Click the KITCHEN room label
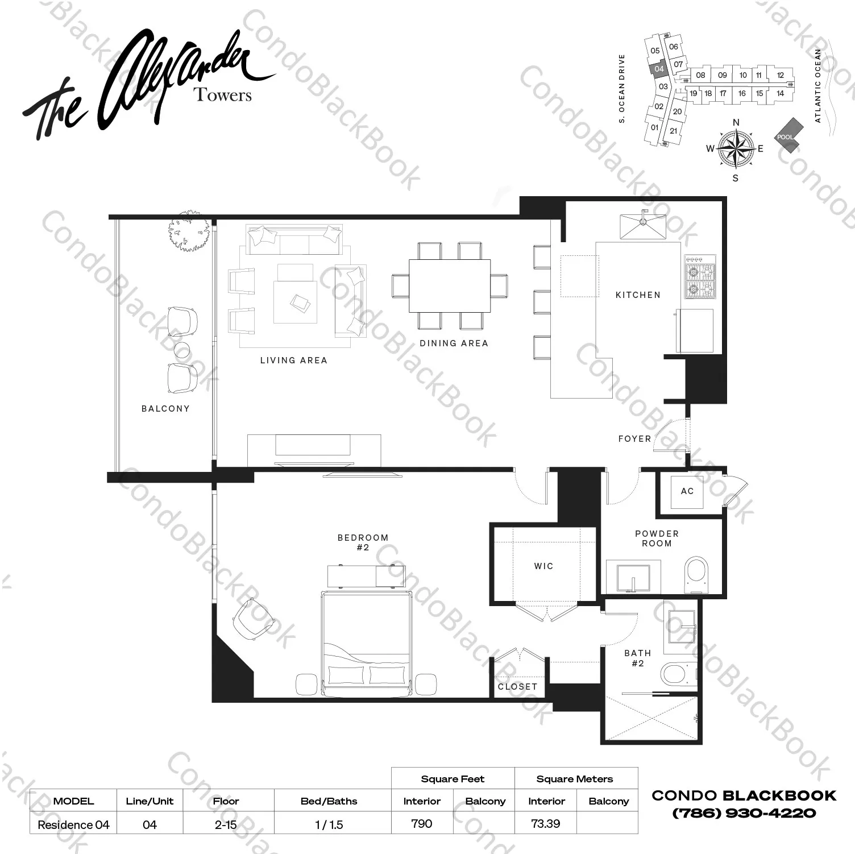tap(638, 295)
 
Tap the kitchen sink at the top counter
tap(642, 226)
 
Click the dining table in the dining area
tap(450, 285)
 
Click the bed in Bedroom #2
tap(367, 642)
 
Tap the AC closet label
tap(687, 491)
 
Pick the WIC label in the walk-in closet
tap(543, 566)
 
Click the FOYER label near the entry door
tap(634, 439)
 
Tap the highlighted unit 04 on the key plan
tap(659, 69)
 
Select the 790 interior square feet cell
tap(422, 823)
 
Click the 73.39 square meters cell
tap(545, 823)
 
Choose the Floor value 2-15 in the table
tap(226, 824)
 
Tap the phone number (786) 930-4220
tap(744, 813)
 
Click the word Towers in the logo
tap(223, 94)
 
